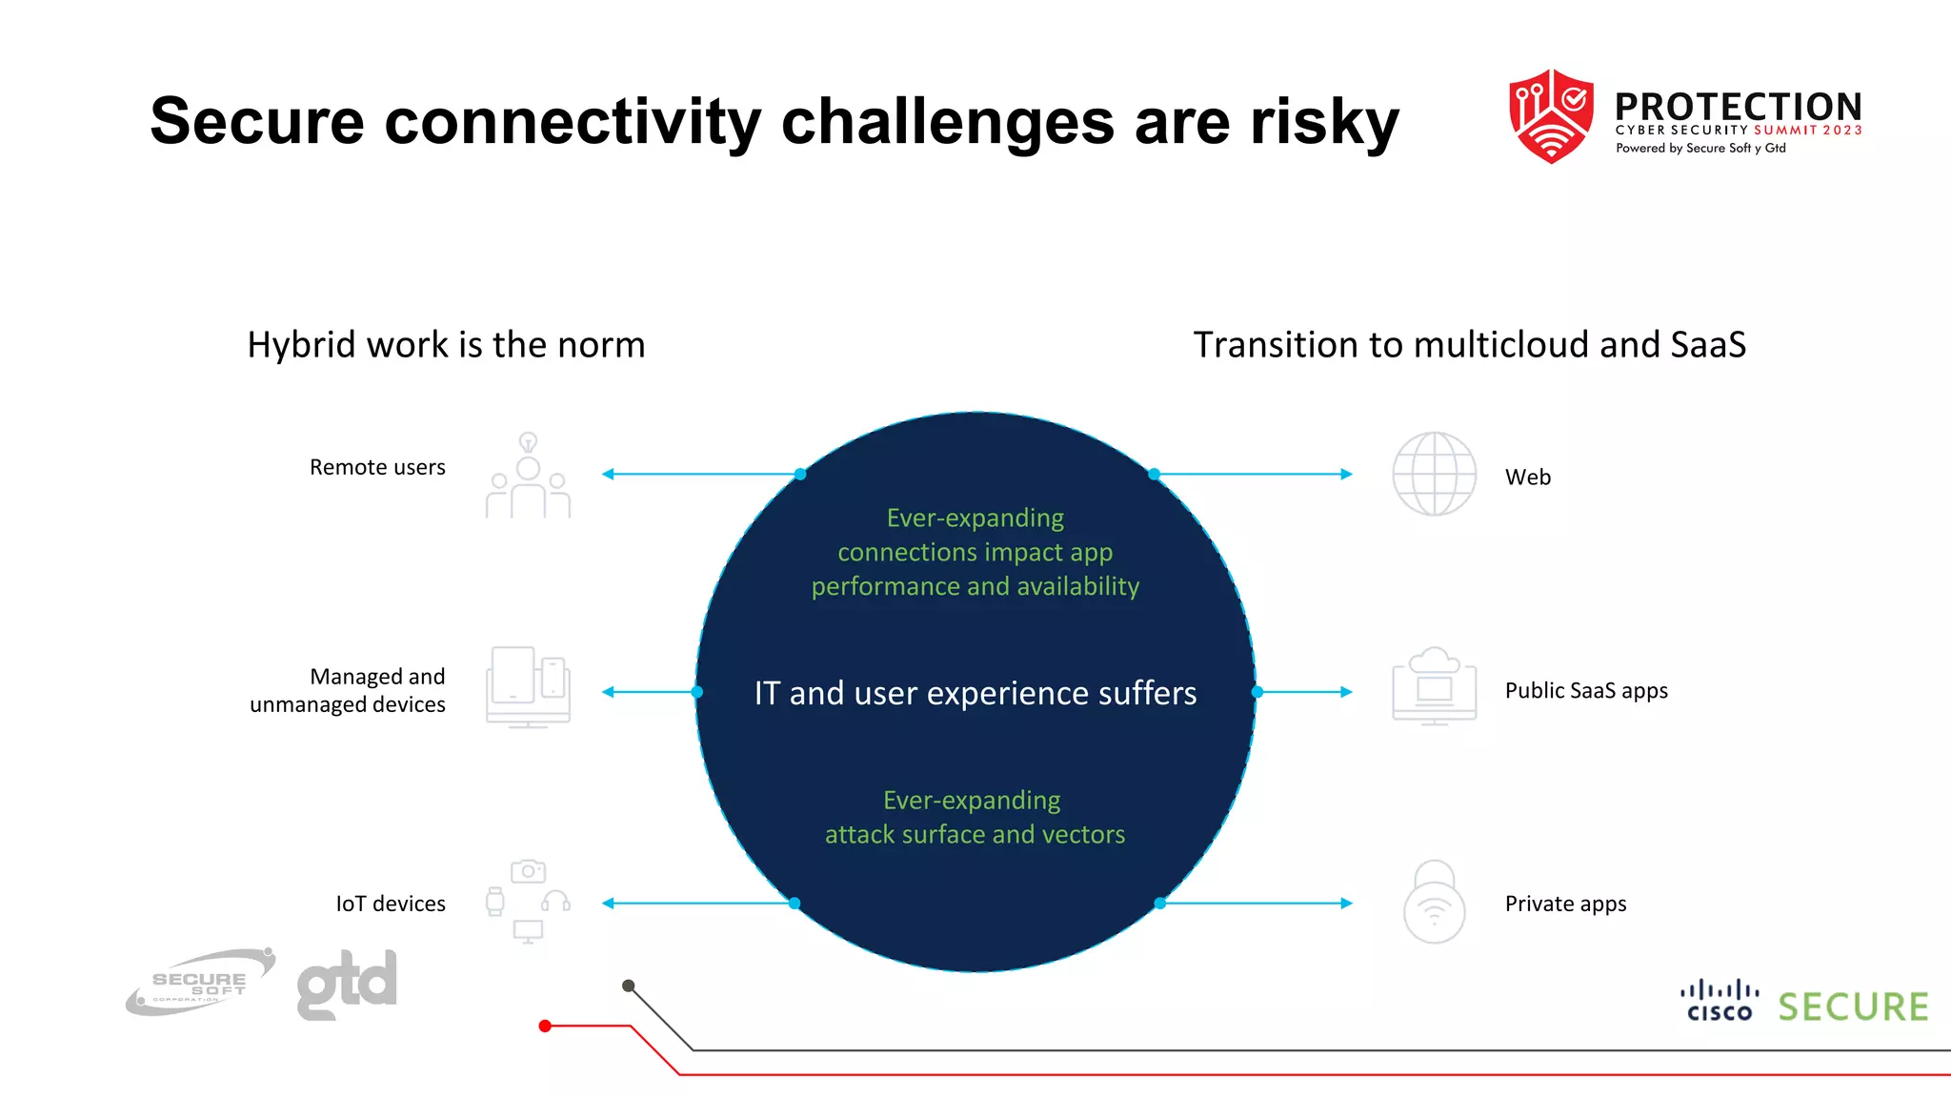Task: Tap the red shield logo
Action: click(1551, 115)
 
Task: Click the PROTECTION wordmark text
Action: click(1738, 107)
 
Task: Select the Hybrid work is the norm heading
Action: click(446, 344)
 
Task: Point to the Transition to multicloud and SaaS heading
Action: click(1469, 344)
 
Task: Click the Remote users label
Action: click(377, 467)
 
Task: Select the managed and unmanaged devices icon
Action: click(528, 687)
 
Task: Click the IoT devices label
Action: click(391, 904)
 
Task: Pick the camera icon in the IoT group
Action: click(528, 871)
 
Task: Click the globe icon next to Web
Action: click(1434, 474)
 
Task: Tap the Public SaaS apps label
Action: click(1586, 690)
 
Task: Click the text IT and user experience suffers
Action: click(975, 693)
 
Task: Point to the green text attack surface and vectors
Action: click(975, 834)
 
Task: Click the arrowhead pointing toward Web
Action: click(1346, 474)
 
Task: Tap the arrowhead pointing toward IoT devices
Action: click(609, 903)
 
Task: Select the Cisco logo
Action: click(1720, 1001)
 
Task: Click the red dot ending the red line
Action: click(545, 1026)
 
